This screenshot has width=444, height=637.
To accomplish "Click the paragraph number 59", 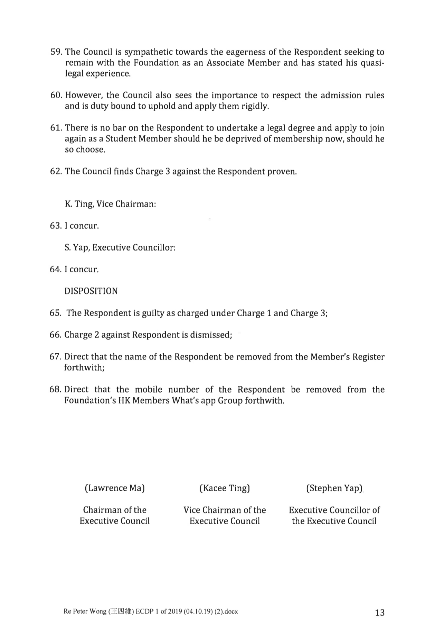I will coord(56,52).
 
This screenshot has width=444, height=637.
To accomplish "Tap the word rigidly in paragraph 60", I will coord(256,106).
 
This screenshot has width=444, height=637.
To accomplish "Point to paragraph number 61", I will coord(56,128).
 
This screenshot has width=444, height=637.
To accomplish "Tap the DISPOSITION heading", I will coord(91,291).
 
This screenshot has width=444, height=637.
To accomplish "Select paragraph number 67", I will coord(56,357).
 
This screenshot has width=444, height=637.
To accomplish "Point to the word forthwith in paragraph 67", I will coord(84,368).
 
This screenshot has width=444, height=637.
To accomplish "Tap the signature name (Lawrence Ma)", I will coord(115,488).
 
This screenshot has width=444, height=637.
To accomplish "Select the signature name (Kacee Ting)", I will coord(225,488).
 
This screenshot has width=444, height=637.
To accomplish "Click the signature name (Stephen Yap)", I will coord(334,488).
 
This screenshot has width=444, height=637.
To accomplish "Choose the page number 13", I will coord(379,613).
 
